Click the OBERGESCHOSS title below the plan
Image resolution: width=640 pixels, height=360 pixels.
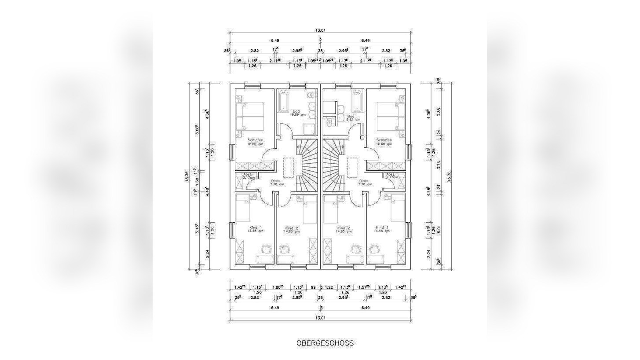coord(325,343)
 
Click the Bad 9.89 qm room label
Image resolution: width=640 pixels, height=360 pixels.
coord(296,113)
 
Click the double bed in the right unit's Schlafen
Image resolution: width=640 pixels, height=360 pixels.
coord(388,116)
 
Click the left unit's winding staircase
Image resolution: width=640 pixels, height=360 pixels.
coord(306,165)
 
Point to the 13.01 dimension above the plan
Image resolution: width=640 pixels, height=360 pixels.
coord(320,30)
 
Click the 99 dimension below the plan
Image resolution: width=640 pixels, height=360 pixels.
coord(314,287)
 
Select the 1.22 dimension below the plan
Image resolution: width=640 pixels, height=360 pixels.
coord(329,287)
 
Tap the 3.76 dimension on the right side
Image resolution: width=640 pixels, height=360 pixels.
coord(438,165)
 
